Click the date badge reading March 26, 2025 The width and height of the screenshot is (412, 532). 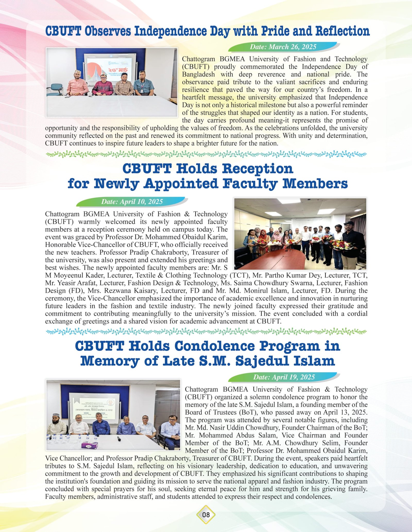point(283,47)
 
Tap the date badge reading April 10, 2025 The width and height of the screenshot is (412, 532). point(132,201)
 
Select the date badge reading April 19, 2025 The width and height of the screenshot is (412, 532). point(284,377)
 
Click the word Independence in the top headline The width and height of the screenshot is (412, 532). point(170,31)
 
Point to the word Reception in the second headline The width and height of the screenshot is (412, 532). point(257,169)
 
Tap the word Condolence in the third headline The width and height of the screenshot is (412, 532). point(214,346)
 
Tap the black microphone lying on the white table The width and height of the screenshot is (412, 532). point(119,438)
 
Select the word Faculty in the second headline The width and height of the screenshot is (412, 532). point(250,184)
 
